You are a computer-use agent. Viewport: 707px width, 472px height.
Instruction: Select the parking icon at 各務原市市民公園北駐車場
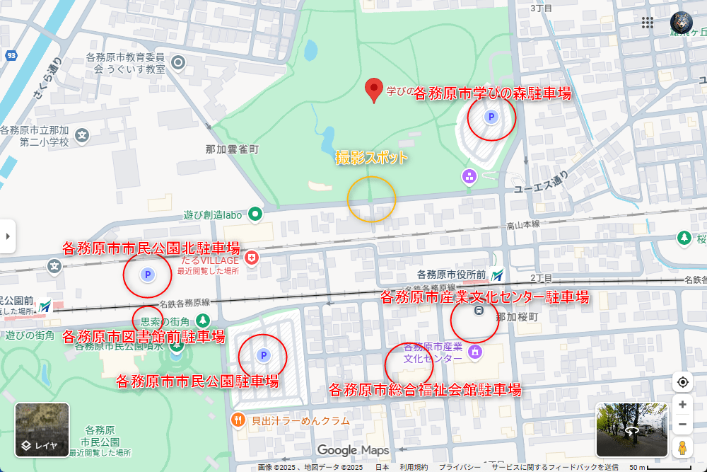[148, 275]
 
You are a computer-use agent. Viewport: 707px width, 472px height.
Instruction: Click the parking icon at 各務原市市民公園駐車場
[263, 355]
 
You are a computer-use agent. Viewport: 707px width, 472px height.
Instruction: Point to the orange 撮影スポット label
[371, 157]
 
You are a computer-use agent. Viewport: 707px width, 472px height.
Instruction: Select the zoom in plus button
[682, 405]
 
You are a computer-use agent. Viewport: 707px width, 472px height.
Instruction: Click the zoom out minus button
[682, 425]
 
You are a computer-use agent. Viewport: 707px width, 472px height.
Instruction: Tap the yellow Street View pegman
[682, 448]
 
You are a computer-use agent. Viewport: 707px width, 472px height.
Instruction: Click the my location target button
[682, 382]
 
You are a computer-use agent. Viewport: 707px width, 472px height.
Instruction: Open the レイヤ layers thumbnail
[42, 430]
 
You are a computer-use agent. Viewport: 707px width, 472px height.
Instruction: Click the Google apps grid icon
[648, 23]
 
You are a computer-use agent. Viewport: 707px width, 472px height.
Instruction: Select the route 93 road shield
[11, 55]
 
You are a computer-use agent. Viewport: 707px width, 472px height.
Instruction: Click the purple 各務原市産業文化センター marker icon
[475, 351]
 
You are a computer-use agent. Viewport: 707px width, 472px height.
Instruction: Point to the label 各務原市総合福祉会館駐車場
[425, 389]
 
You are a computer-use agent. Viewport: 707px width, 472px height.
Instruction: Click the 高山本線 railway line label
[523, 224]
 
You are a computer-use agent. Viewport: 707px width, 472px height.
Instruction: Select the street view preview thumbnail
[631, 430]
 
